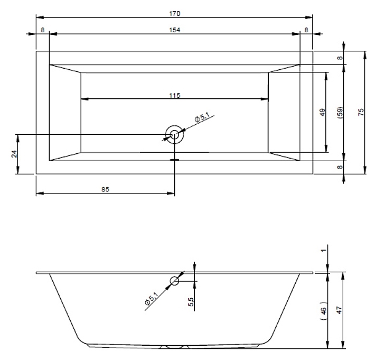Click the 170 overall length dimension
[175, 14]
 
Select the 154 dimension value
[175, 30]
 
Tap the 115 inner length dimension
[175, 96]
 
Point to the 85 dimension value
[105, 189]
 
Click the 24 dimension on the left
[14, 154]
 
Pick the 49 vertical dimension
[323, 112]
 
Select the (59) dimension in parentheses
[340, 113]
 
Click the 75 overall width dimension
[361, 112]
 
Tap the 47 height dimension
[340, 310]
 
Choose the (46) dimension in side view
[324, 310]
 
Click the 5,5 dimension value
[191, 302]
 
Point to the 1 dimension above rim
[324, 251]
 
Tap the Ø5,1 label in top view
[202, 117]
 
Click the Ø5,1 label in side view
[152, 298]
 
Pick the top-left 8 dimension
[43, 30]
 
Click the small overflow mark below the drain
[174, 160]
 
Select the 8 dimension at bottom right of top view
[340, 167]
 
